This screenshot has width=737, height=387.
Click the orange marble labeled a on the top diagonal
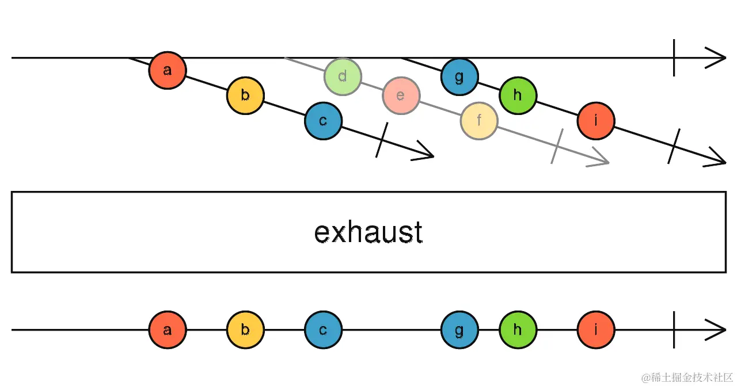pos(168,70)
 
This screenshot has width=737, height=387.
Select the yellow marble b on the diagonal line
pos(245,95)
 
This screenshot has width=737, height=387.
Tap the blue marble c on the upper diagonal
pos(323,121)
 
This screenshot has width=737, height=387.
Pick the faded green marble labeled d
pos(343,76)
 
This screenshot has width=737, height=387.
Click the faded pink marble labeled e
pos(401,95)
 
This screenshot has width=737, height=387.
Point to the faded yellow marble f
pos(478,121)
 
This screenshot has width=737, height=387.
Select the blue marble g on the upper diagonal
pos(459,76)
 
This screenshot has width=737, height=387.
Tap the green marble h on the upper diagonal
pos(518,95)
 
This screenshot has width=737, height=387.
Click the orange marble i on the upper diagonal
pos(596,121)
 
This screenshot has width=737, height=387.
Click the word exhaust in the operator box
pos(368,232)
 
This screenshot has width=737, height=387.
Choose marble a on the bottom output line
pos(168,330)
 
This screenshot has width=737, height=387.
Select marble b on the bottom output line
pos(245,330)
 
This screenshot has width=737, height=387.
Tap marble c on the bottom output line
pos(323,330)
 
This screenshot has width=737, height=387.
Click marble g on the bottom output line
pos(459,330)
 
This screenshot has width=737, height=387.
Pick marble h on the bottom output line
pos(518,330)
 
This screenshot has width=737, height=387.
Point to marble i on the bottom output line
pos(596,330)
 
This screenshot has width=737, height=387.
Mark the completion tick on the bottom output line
pos(674,330)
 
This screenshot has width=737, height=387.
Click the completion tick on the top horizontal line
pos(674,58)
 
